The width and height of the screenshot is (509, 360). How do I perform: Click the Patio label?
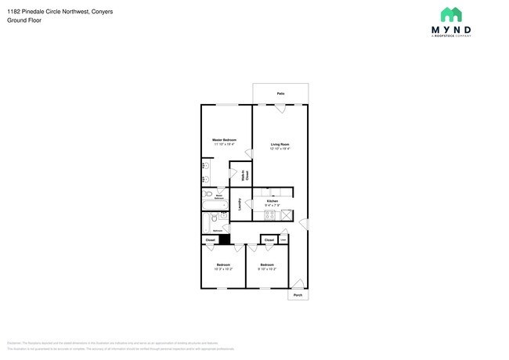(x=280, y=94)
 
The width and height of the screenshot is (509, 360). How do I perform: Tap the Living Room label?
(x=280, y=144)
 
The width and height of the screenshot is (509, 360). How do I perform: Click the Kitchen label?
(x=273, y=201)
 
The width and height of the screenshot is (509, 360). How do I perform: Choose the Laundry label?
(x=239, y=204)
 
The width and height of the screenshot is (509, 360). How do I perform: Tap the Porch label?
(x=298, y=295)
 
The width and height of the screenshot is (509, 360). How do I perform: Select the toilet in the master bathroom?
(x=208, y=194)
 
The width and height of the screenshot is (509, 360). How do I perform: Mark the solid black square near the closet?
(x=224, y=239)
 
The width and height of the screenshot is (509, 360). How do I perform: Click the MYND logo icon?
(x=450, y=15)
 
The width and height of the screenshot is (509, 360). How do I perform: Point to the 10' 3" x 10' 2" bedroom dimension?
(x=223, y=269)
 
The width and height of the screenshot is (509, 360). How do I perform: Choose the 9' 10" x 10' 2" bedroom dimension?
(x=268, y=269)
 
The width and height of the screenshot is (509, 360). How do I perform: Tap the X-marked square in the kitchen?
(x=287, y=214)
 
